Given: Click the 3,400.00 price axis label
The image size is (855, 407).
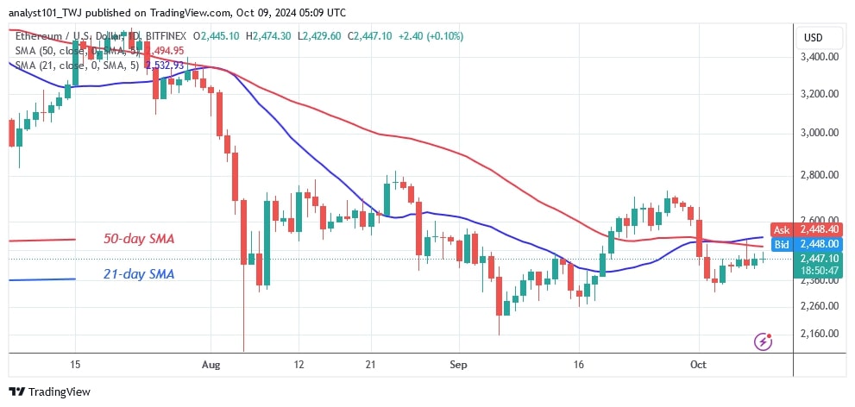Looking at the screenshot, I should point(820,58).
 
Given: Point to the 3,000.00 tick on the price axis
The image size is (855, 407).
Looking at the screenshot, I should point(820,133).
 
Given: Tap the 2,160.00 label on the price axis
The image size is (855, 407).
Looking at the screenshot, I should point(820,334).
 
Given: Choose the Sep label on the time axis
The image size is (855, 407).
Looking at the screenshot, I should point(458,365).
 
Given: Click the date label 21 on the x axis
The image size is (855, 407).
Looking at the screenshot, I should point(368,365).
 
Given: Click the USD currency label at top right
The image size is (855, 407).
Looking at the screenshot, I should point(813,38).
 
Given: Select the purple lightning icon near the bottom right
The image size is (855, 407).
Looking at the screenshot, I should point(763,341).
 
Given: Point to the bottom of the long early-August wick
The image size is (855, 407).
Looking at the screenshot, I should point(244,350).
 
